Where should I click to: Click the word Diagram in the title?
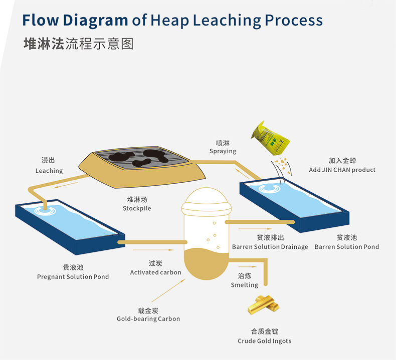point(95,20)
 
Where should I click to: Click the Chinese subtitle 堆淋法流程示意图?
point(79,44)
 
